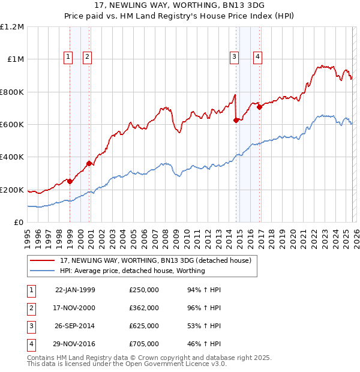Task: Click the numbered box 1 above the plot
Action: click(68, 57)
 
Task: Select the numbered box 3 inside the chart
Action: click(233, 57)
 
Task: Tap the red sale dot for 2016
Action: click(260, 107)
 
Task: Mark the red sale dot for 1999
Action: click(70, 181)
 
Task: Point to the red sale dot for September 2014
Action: click(236, 121)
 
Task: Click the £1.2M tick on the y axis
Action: click(12, 27)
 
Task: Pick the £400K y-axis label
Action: click(12, 157)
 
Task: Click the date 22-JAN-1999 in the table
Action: click(75, 290)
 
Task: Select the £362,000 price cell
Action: click(144, 308)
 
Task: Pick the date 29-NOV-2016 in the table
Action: click(75, 344)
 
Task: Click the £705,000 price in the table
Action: click(144, 344)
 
